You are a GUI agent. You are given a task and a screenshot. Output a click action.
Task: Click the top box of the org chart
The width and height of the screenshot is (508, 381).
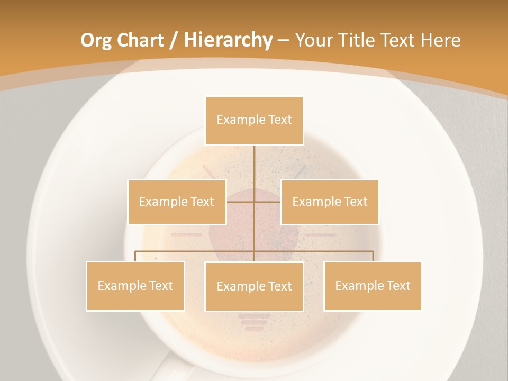pos(254,120)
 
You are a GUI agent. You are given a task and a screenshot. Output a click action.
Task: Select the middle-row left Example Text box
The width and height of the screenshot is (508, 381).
pos(177,202)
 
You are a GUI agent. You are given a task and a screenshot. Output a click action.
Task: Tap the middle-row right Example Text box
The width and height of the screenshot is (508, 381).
pos(330,202)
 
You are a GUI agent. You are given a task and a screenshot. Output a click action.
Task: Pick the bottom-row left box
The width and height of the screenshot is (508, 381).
pos(135,286)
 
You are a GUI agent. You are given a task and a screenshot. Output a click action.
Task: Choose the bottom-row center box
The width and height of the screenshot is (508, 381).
pos(254,286)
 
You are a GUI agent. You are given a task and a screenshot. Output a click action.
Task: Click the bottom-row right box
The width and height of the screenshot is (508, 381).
pos(373,286)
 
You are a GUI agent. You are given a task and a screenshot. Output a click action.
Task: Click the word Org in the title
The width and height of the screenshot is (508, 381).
pos(96,40)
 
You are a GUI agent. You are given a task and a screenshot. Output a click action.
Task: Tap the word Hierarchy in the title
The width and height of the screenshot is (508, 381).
pos(228,40)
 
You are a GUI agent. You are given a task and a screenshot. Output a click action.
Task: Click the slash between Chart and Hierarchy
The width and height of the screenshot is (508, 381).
pos(174,41)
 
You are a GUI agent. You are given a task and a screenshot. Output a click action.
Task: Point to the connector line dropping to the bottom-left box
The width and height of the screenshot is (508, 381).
pos(135,256)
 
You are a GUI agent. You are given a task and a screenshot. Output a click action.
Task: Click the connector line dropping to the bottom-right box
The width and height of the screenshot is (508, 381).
pos(373,256)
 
